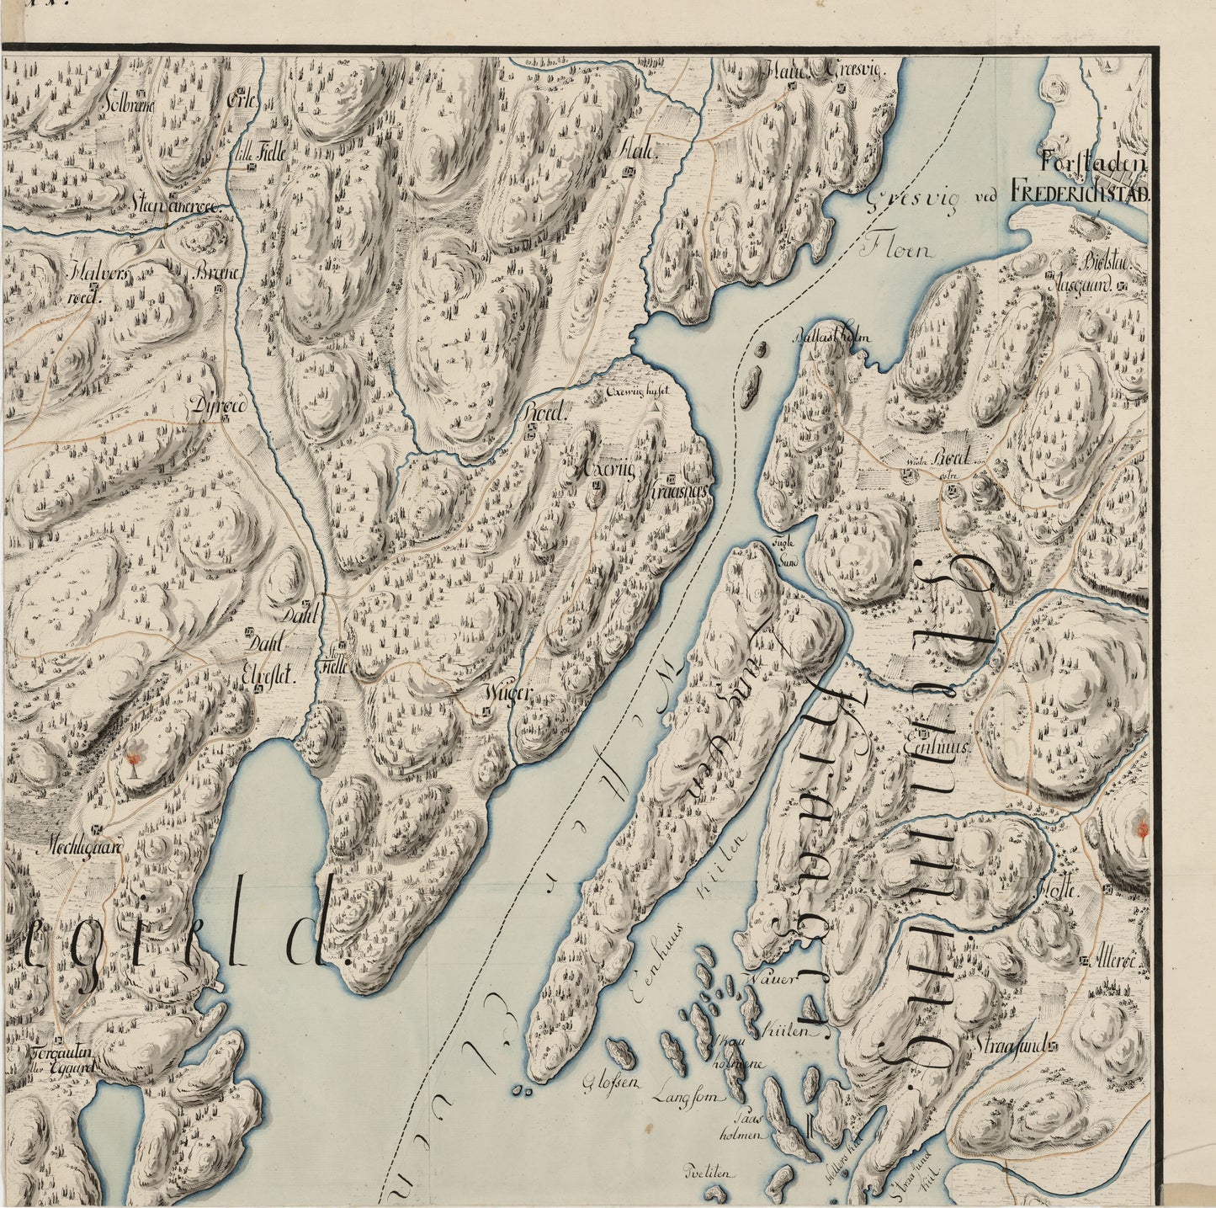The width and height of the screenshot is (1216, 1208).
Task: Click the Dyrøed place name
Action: pyautogui.click(x=216, y=405)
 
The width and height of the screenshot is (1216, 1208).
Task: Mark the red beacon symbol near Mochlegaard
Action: pyautogui.click(x=132, y=760)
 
